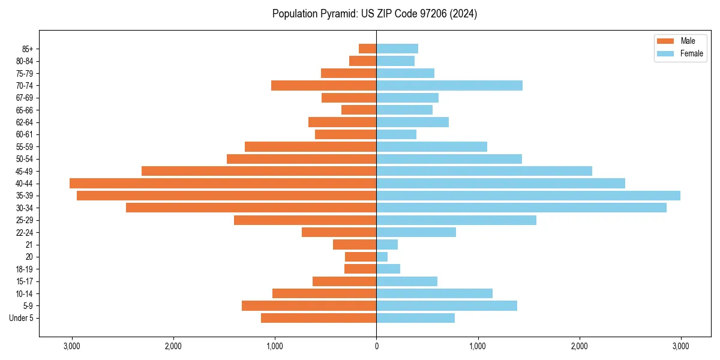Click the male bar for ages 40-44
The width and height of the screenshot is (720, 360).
point(223,184)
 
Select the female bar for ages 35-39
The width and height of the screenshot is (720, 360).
point(528,196)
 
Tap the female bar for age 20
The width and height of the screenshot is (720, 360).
point(382,257)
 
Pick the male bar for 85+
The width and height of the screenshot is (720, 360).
point(367,49)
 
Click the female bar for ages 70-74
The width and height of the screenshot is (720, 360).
point(449,85)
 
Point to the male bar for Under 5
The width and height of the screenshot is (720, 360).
point(319,318)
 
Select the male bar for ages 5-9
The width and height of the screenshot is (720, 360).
point(309,306)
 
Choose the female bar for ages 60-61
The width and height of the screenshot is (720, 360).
point(396,134)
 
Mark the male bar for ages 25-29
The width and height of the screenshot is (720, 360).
point(305,220)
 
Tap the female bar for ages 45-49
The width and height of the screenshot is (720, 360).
point(484,171)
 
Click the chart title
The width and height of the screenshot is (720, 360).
point(374,14)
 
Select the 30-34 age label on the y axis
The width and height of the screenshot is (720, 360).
point(25,208)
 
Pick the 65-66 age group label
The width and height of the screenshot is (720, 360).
point(25,110)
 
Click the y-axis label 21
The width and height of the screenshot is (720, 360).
point(29,245)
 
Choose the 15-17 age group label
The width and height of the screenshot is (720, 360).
point(25,281)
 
